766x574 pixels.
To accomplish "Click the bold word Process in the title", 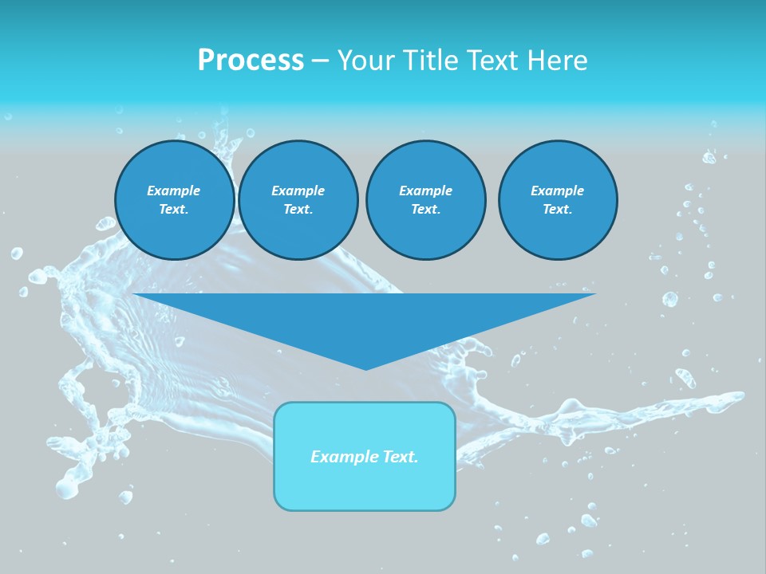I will point(251,61).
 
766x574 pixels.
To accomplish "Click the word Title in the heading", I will point(430,61).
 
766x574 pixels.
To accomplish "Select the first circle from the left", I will point(174,200).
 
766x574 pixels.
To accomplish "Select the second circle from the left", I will point(298,200).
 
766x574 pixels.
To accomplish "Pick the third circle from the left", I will point(425,200).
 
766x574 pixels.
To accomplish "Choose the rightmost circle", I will point(557,200).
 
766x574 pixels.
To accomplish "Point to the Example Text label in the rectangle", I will point(365,457).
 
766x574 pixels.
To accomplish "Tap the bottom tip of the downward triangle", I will point(365,368).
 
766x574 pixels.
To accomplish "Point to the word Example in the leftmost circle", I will point(174,191).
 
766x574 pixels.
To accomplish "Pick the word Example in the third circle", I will point(425,191).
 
